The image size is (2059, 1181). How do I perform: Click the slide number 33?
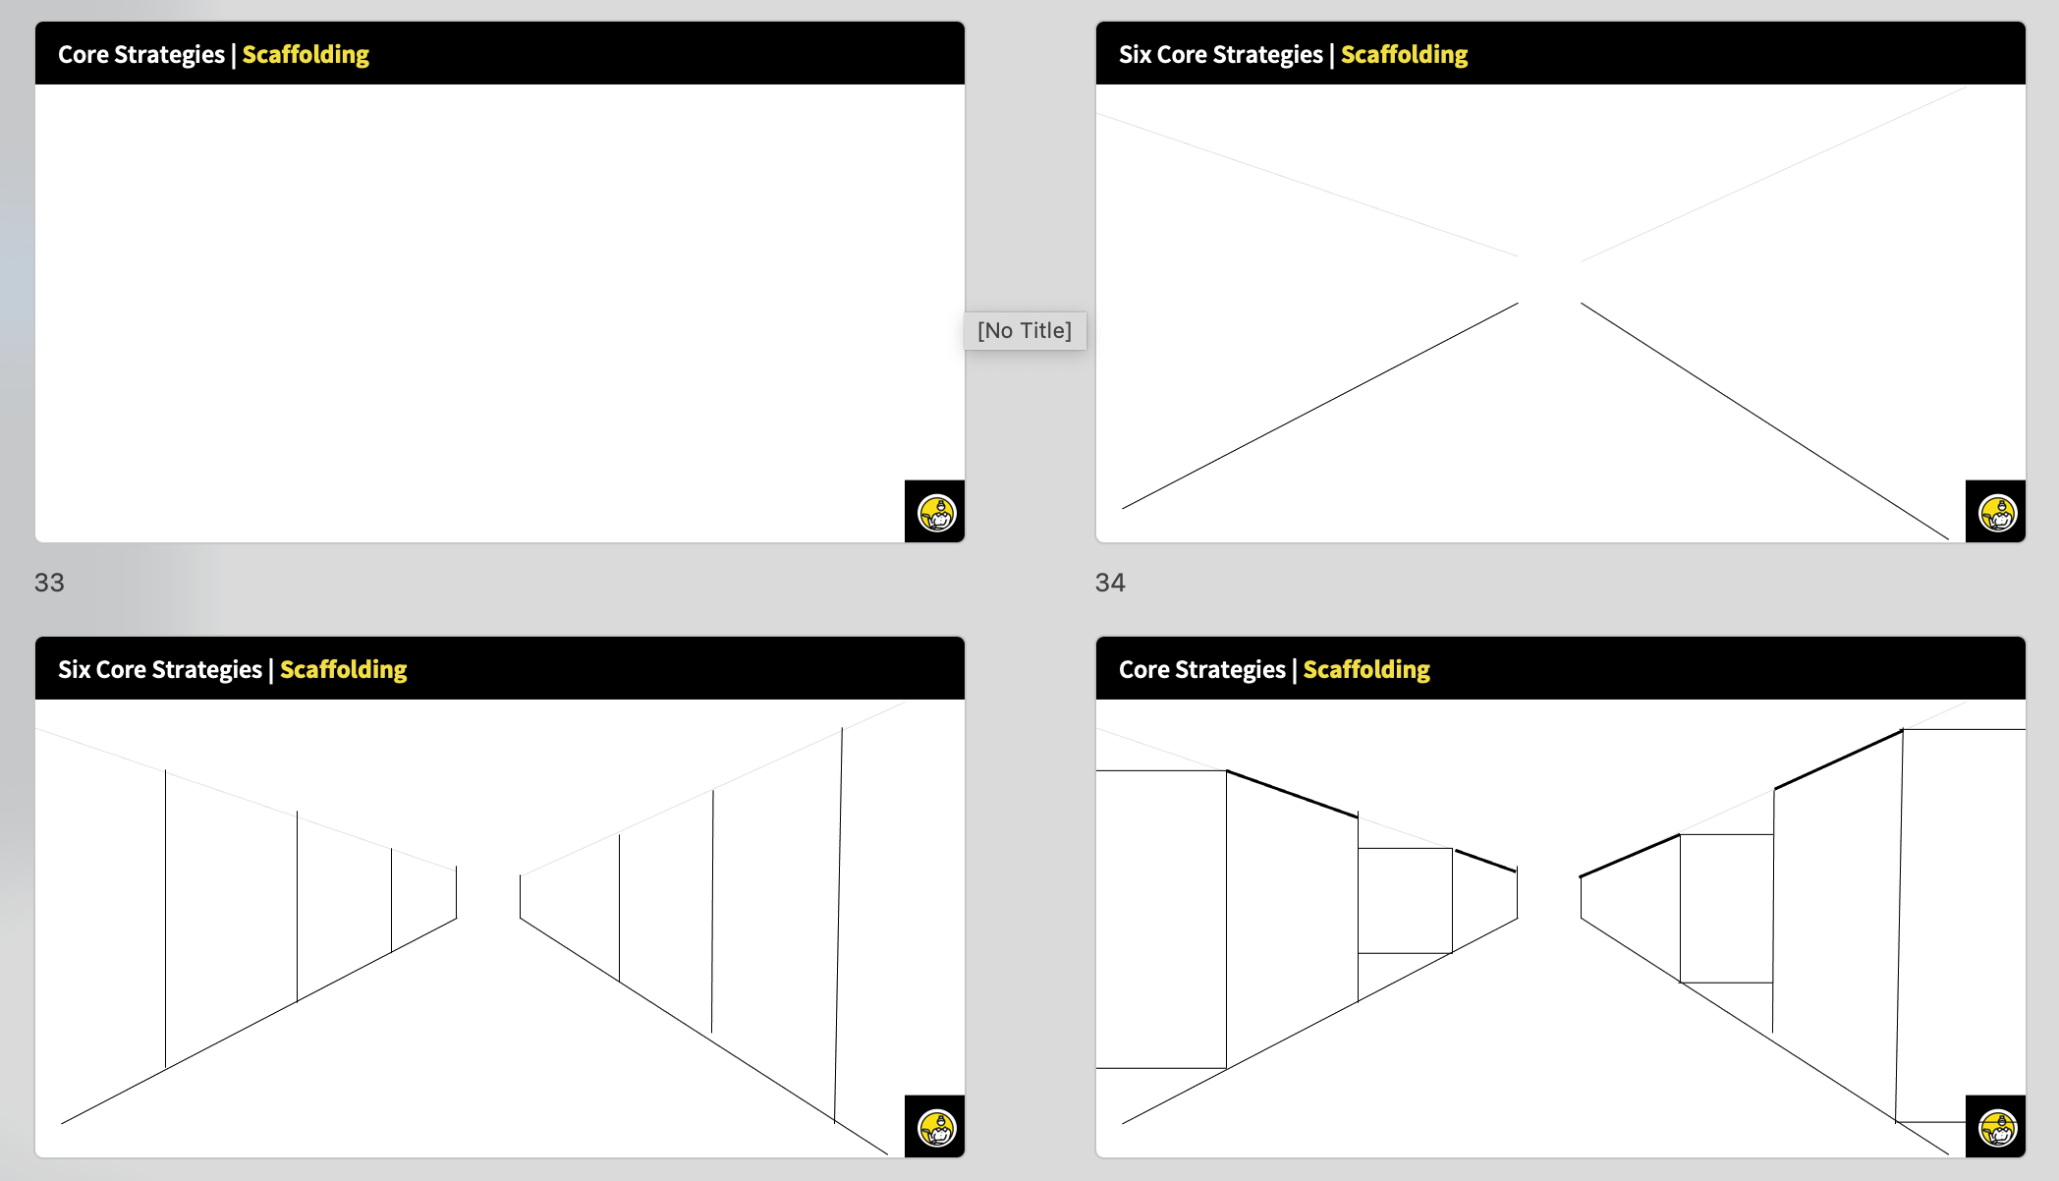(49, 583)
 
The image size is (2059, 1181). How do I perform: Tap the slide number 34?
(1110, 583)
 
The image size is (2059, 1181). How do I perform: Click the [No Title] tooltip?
(1025, 330)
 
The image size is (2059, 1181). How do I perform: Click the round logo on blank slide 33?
(936, 513)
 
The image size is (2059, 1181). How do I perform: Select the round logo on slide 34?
(1997, 513)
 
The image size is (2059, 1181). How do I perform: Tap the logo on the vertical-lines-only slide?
(936, 1128)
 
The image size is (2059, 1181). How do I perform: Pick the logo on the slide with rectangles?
(1997, 1128)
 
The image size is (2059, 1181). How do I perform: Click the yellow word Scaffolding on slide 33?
(306, 55)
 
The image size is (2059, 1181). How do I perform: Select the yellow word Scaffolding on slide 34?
(1404, 55)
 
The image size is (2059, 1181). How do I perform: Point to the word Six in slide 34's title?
(1135, 54)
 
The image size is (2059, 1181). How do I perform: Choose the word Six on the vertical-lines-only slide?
(74, 669)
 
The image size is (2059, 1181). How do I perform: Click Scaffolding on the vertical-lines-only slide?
(343, 670)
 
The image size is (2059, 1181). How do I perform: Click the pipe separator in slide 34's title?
(1332, 55)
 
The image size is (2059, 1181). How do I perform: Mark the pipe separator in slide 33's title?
(234, 55)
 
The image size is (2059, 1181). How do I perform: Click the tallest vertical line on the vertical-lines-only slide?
(838, 925)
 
